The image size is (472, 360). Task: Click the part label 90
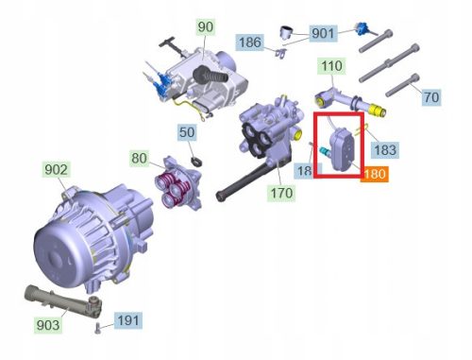click(206, 26)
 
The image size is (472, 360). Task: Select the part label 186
click(249, 43)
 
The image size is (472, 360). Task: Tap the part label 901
click(323, 34)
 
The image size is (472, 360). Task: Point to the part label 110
click(330, 67)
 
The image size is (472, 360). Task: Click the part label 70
click(430, 97)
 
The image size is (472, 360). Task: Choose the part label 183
click(385, 149)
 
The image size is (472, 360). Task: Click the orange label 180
click(375, 174)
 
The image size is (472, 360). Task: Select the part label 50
click(187, 132)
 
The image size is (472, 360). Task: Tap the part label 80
click(139, 158)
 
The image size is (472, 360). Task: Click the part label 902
click(57, 170)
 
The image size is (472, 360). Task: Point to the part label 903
click(47, 324)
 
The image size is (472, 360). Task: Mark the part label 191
click(128, 321)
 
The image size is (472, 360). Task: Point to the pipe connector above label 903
click(57, 300)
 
